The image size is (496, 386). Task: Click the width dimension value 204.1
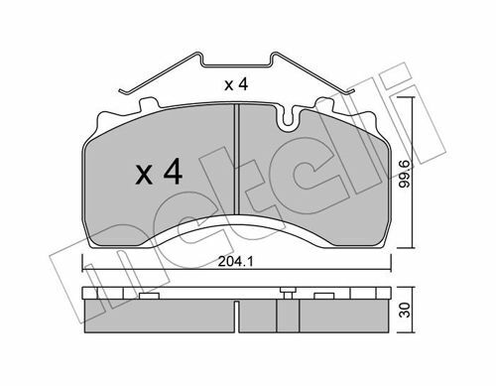(x=235, y=262)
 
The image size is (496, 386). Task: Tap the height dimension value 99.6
(x=404, y=174)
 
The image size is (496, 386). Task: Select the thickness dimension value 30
(x=405, y=310)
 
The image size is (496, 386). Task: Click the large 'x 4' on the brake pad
(x=159, y=172)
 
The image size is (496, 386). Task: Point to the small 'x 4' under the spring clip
(x=236, y=84)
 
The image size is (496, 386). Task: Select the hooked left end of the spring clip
(x=124, y=91)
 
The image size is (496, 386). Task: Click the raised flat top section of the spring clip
(x=237, y=64)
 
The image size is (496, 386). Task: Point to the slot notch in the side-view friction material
(x=237, y=317)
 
